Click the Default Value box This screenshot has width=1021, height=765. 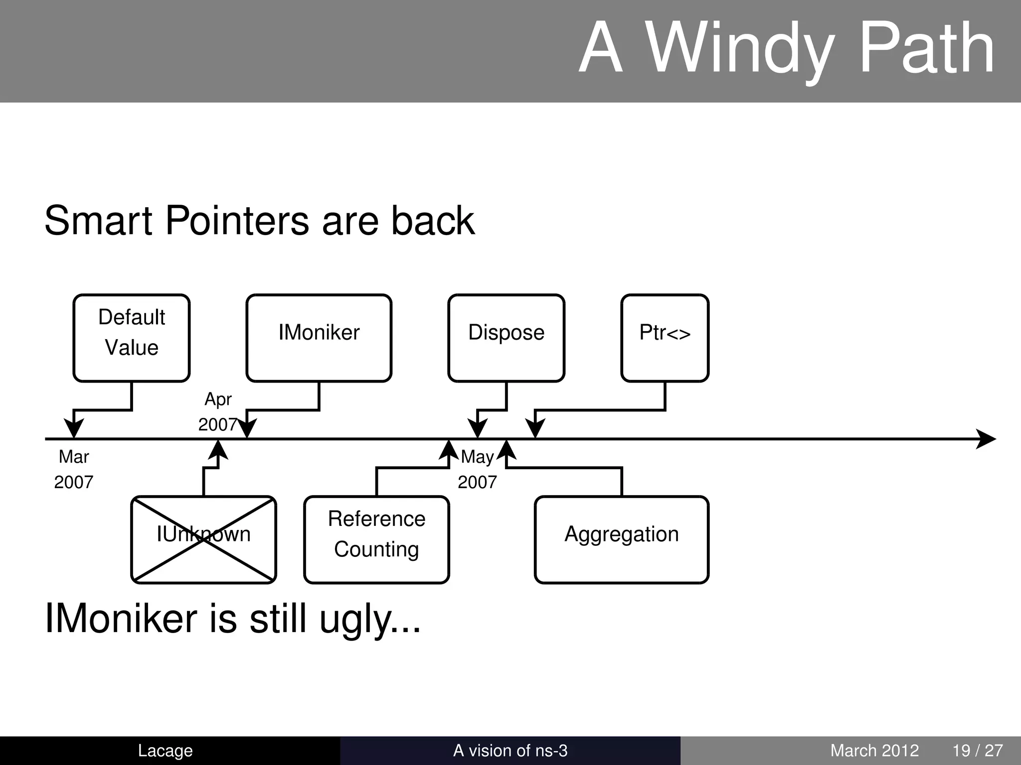point(132,338)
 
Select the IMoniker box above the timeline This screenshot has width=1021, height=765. point(319,338)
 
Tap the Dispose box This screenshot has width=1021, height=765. point(506,338)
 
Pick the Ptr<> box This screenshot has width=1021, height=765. point(665,338)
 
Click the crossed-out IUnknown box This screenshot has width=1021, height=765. point(203,539)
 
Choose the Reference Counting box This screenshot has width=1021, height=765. point(376,539)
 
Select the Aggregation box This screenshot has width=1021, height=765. point(621,539)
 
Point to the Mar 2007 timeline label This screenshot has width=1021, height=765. point(74,469)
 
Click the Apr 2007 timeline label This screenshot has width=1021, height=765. point(218,412)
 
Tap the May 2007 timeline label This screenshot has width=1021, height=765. point(477,469)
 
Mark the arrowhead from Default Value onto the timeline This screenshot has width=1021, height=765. point(74,428)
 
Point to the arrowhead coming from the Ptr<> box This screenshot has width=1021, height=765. point(535,428)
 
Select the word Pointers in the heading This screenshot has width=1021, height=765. point(237,221)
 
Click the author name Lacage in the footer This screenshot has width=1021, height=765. point(165,751)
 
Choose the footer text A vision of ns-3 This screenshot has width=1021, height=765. point(510,751)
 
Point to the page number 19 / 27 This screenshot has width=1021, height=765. point(977,751)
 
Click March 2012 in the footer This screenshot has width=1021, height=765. point(874,751)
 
